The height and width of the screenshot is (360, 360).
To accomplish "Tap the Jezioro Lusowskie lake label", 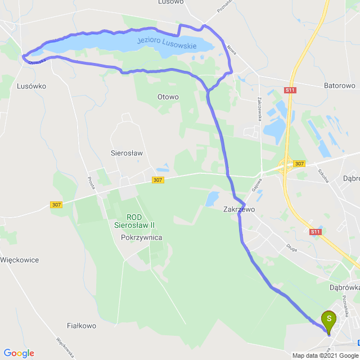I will tap(167, 43).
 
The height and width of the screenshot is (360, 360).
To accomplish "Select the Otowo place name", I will tap(168, 97).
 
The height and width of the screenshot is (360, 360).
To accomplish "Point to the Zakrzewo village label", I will tap(238, 209).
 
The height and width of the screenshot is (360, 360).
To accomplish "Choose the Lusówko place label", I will tap(31, 86).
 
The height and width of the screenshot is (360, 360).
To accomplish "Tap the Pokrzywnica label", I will tap(142, 237).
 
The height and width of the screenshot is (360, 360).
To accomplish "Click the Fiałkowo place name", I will tap(82, 326).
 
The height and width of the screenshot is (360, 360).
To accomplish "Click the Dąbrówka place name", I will tap(345, 286).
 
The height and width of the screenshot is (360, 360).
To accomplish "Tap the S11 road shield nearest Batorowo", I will tap(290, 90).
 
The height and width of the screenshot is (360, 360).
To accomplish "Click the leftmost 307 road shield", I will tap(56, 204).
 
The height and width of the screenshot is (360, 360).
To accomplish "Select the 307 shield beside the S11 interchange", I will tap(299, 164).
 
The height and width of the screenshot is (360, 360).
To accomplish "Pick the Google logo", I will tap(19, 353).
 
